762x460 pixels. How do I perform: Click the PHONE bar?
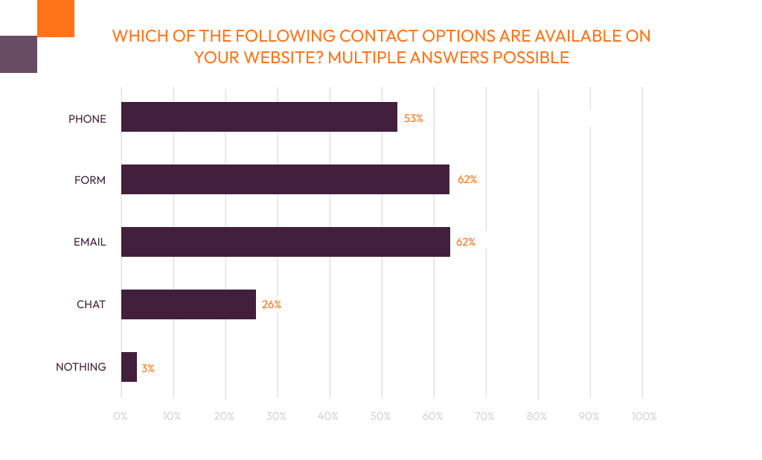click(x=259, y=117)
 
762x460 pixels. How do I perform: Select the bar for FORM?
click(x=285, y=179)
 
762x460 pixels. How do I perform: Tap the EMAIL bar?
click(x=285, y=242)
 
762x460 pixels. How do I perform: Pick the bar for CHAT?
click(x=188, y=304)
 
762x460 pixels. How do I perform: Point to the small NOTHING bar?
click(x=129, y=367)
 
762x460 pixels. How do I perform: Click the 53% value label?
click(x=413, y=118)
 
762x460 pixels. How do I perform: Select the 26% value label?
click(x=272, y=304)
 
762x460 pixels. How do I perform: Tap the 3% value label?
click(x=147, y=368)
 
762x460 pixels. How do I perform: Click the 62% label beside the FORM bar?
click(x=467, y=180)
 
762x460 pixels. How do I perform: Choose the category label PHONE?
click(x=87, y=118)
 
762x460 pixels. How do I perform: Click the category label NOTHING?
click(x=81, y=367)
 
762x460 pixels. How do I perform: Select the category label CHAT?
click(x=91, y=304)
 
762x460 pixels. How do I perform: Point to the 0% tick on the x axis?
click(x=121, y=417)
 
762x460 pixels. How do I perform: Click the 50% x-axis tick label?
click(x=381, y=417)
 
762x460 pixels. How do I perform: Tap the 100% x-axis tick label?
click(x=643, y=417)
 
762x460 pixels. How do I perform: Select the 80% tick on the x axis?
click(x=537, y=417)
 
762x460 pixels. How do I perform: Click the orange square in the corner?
click(x=55, y=18)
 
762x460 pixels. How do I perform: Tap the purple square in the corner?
click(x=18, y=54)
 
